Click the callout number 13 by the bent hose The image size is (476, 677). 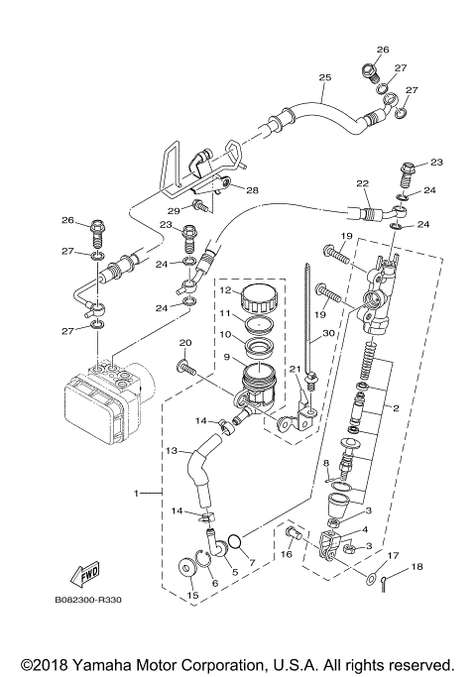172,450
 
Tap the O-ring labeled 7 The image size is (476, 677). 235,541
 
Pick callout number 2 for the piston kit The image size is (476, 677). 395,407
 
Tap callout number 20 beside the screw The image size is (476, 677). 184,343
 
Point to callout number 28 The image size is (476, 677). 252,189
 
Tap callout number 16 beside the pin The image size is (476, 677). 286,555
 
